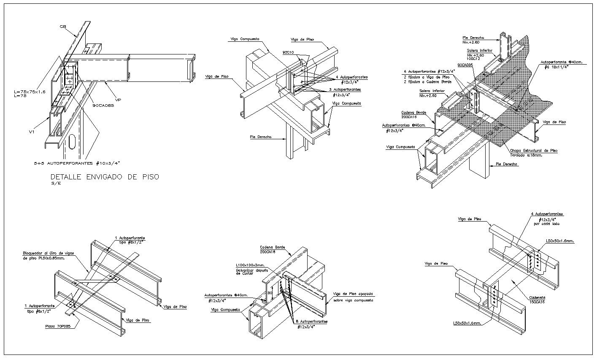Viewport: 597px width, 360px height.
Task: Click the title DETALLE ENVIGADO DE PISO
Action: pyautogui.click(x=105, y=177)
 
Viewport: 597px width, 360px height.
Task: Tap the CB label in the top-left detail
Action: pyautogui.click(x=63, y=27)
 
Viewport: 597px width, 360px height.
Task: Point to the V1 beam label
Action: pyautogui.click(x=31, y=132)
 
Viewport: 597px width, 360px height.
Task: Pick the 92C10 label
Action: pyautogui.click(x=288, y=52)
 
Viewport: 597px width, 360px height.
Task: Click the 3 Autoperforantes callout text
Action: pyautogui.click(x=345, y=90)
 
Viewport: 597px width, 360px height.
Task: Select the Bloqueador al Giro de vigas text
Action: pyautogui.click(x=49, y=253)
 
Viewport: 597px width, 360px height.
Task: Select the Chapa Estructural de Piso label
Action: pyautogui.click(x=533, y=150)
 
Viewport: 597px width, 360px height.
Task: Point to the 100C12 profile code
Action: pyautogui.click(x=473, y=60)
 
